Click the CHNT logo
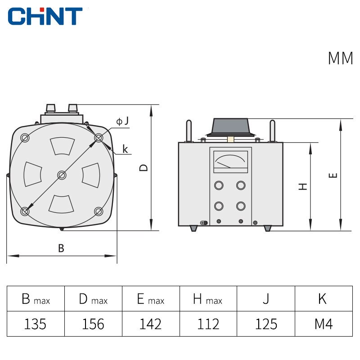pyautogui.click(x=45, y=16)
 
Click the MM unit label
pyautogui.click(x=340, y=59)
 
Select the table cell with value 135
pyautogui.click(x=36, y=324)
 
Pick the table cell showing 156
pyautogui.click(x=93, y=324)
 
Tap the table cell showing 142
pyautogui.click(x=151, y=324)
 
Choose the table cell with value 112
pyautogui.click(x=208, y=324)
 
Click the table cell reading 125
pyautogui.click(x=266, y=324)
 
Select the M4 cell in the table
pyautogui.click(x=323, y=324)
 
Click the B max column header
pyautogui.click(x=36, y=299)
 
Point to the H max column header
pyautogui.click(x=208, y=299)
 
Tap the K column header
pyautogui.click(x=323, y=298)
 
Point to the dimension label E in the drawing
pyautogui.click(x=333, y=175)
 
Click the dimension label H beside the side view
pyautogui.click(x=303, y=186)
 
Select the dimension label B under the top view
pyautogui.click(x=61, y=248)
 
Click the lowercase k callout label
pyautogui.click(x=125, y=149)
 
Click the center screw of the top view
pyautogui.click(x=62, y=175)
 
